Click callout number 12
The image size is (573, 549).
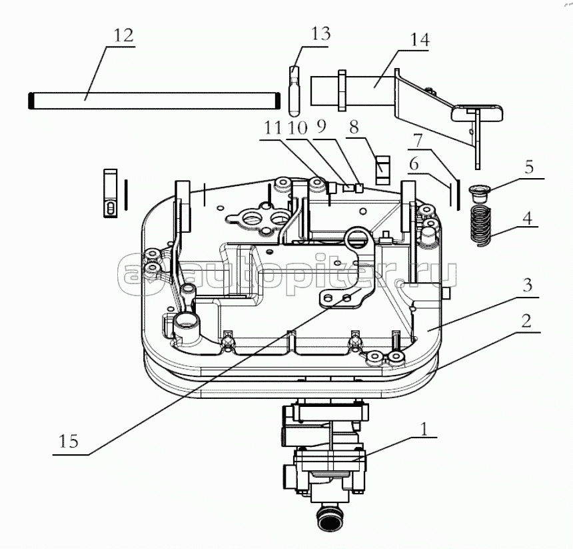124,35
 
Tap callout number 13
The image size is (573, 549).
320,33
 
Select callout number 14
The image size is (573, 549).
420,39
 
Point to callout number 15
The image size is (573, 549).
69,441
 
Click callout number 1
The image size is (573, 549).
424,429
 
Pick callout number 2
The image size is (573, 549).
526,321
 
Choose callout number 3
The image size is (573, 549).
527,286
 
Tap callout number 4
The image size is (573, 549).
527,218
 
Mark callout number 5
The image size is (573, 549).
529,167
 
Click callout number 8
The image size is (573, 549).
354,127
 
